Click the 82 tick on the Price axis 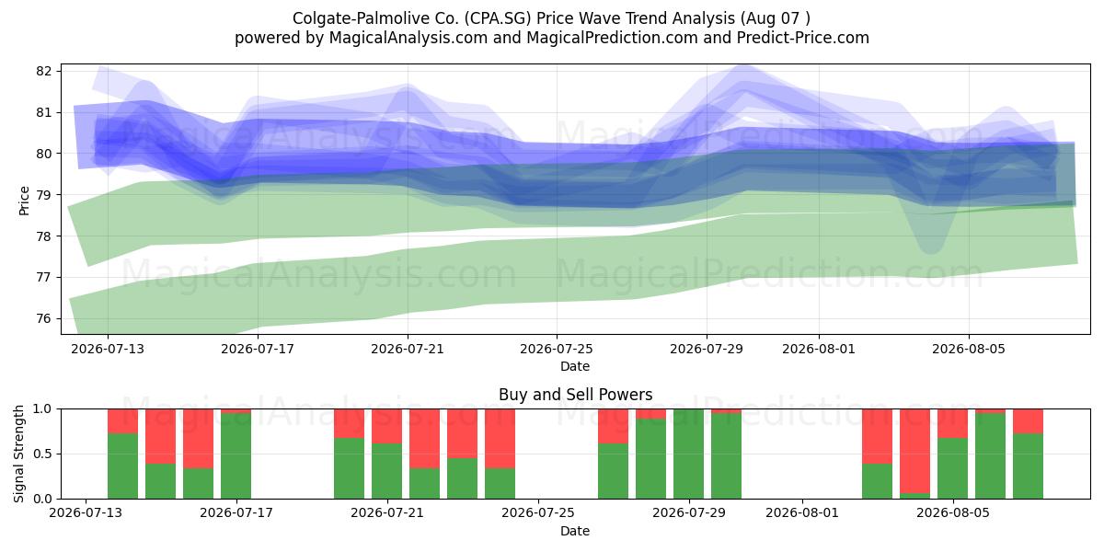(43, 71)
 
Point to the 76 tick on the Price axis (43, 318)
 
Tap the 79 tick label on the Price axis (43, 195)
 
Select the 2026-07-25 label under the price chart (557, 349)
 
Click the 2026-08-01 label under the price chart (819, 349)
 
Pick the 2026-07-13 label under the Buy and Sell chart (86, 512)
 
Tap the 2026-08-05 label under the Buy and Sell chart (953, 512)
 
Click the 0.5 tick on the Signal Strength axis (42, 454)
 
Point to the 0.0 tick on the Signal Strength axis (42, 499)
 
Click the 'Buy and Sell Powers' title (575, 395)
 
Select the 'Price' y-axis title (24, 201)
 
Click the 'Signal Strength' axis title (18, 454)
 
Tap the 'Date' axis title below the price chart (575, 366)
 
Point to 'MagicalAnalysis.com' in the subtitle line (408, 38)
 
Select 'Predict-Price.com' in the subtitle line (803, 38)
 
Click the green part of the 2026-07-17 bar (236, 456)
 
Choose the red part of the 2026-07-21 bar (387, 426)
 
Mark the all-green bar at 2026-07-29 (688, 454)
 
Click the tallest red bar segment (914, 451)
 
